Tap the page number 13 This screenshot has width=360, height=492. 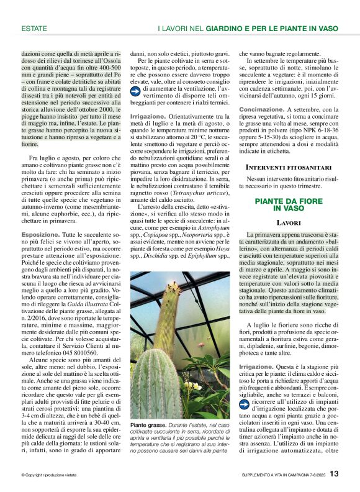coord(334,474)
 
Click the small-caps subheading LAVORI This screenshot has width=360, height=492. coord(289,204)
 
